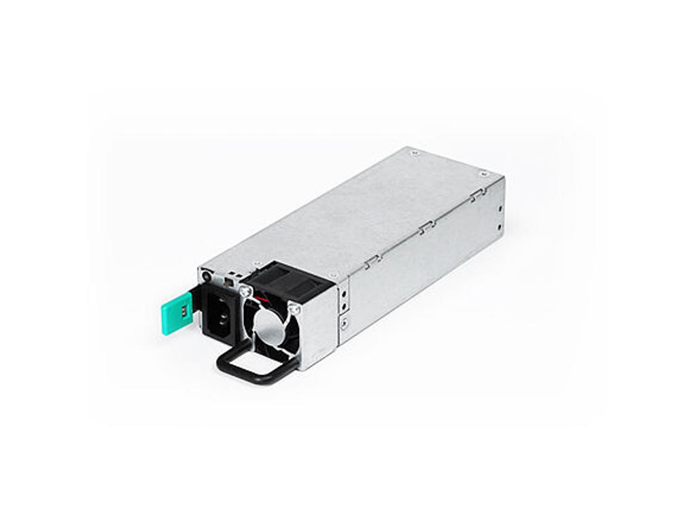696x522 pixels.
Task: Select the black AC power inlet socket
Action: coord(220,317)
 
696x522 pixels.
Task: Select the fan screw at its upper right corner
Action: coord(294,309)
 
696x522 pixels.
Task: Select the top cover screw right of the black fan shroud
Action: coord(332,275)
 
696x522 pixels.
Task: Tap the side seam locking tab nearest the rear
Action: coord(475,196)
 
